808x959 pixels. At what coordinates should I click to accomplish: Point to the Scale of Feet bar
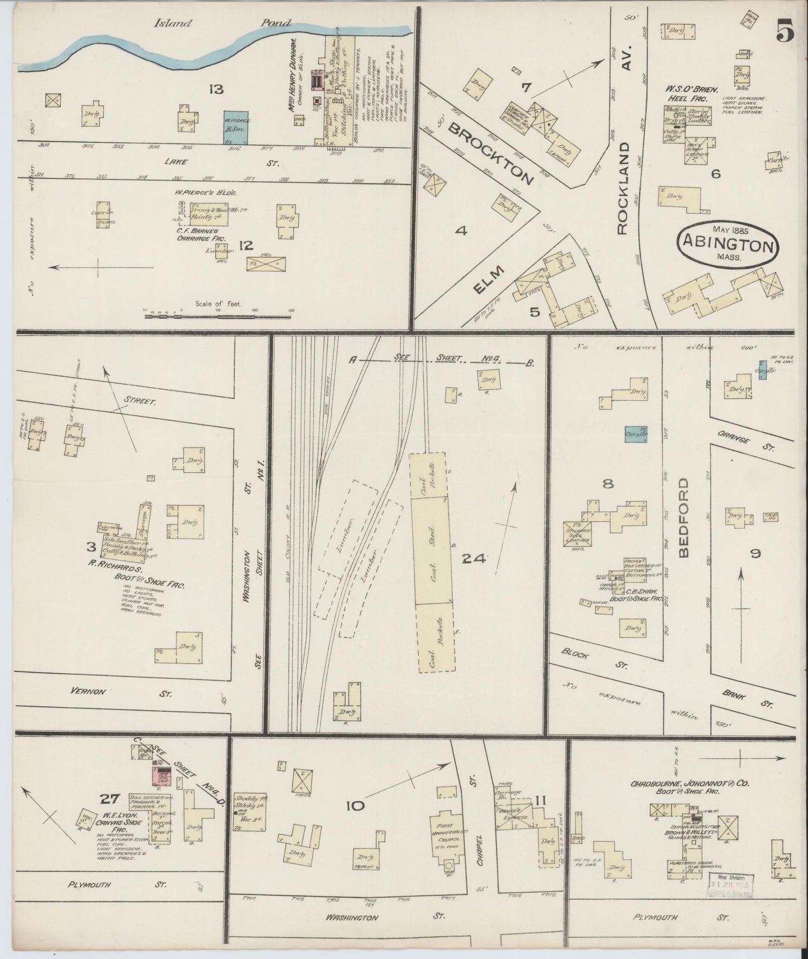218,316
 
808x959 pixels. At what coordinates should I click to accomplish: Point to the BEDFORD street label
685,518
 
